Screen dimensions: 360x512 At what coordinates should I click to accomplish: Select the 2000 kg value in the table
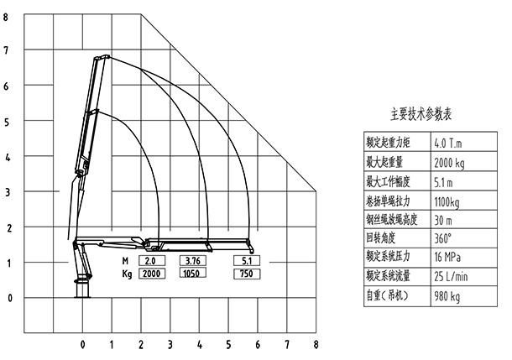[453, 161]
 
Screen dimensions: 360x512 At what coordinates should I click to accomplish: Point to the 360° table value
[445, 237]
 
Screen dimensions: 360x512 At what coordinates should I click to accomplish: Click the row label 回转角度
[385, 237]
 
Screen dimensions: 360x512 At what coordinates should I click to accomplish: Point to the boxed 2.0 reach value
[151, 261]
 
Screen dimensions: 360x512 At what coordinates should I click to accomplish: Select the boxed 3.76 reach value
[191, 261]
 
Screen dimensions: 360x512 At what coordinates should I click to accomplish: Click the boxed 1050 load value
[191, 274]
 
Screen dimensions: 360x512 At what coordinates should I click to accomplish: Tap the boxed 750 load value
[246, 274]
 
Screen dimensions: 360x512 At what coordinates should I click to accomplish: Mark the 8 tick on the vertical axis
[7, 17]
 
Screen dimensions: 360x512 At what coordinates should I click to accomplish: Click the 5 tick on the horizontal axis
[228, 344]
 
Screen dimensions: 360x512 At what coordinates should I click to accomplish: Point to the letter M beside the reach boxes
[125, 261]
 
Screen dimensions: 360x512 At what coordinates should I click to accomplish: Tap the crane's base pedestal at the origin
[82, 290]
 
